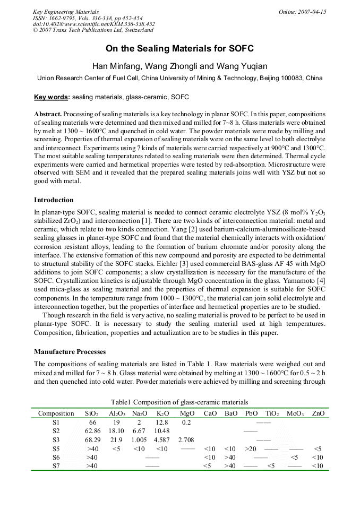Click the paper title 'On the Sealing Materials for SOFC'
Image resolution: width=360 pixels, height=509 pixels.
(179, 49)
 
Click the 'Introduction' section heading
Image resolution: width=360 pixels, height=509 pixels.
(54, 200)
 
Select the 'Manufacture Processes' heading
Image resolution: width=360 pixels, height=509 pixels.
(70, 352)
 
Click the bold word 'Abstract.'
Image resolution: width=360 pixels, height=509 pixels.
(48, 114)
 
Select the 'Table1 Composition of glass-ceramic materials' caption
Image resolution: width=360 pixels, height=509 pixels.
(179, 402)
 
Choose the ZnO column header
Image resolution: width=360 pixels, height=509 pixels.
(318, 413)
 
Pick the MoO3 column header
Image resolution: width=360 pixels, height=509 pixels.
(295, 413)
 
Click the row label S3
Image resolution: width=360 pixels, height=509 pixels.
(56, 440)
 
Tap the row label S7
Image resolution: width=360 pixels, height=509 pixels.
(56, 466)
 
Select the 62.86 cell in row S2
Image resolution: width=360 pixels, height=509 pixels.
(92, 431)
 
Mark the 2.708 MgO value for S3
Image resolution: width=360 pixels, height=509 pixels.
(187, 440)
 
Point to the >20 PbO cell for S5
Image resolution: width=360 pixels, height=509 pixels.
(251, 449)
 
